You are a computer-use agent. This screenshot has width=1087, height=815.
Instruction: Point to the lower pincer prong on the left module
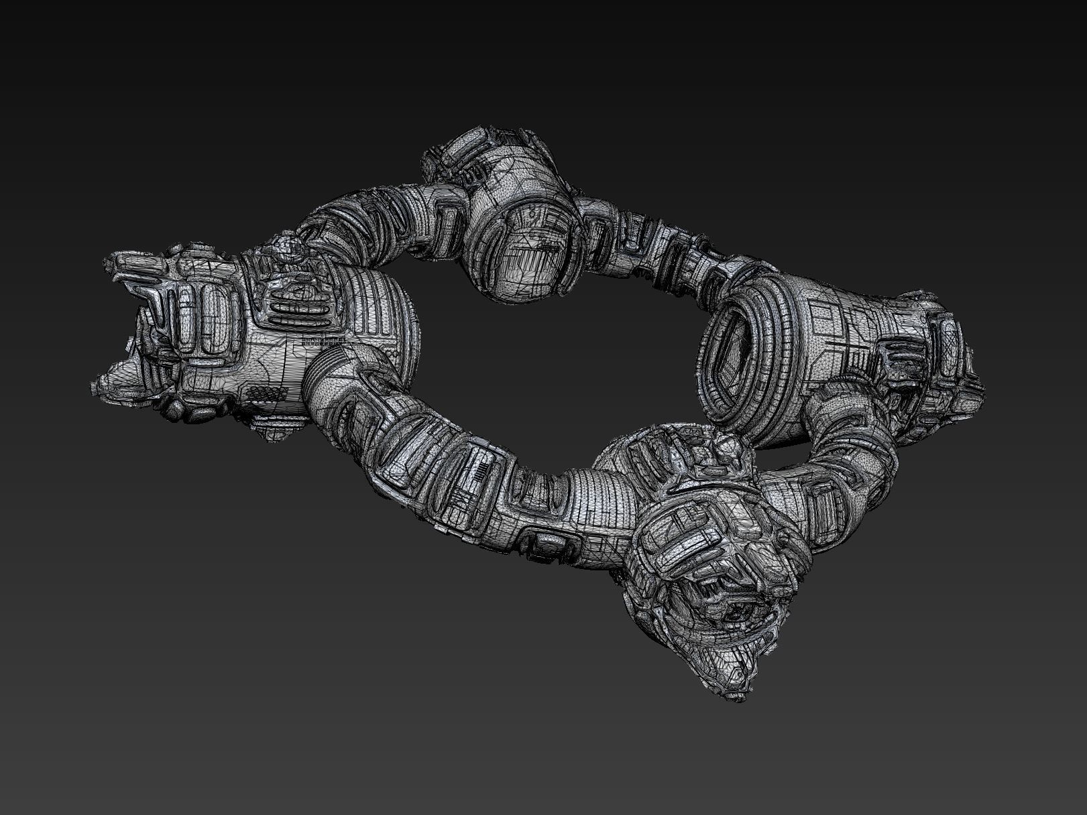127,382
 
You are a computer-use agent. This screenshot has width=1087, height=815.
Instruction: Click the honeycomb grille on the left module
268,393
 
